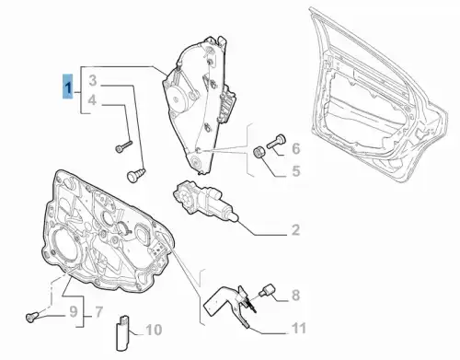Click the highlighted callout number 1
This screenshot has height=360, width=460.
tap(68, 87)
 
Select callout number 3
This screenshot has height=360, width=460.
tap(93, 81)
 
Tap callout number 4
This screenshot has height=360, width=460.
tap(93, 100)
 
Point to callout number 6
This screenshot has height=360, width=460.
tap(296, 148)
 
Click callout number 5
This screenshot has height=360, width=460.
tap(296, 171)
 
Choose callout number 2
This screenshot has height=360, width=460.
tap(295, 229)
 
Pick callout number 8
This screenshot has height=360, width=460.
tap(295, 295)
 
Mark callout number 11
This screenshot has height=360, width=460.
tap(299, 328)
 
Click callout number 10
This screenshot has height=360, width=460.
tap(154, 331)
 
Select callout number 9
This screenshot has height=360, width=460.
tap(74, 312)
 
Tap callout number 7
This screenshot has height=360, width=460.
tap(98, 312)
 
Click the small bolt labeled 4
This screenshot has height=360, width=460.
tap(123, 146)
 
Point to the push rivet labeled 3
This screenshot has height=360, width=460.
tap(136, 175)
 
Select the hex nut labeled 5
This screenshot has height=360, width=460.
tap(259, 153)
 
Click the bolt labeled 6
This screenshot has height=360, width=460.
tap(276, 141)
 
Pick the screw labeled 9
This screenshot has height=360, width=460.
tap(32, 316)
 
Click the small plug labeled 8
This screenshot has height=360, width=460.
tap(267, 290)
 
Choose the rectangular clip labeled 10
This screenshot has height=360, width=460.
tap(122, 333)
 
